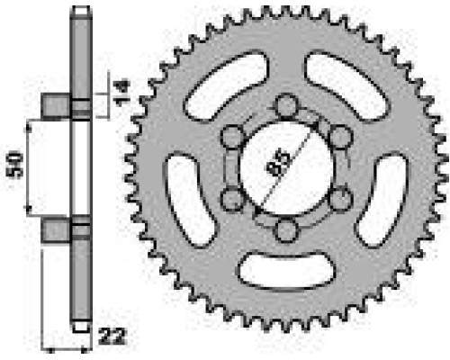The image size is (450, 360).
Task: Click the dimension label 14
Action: [121, 93]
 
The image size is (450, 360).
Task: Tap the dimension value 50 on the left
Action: [15, 165]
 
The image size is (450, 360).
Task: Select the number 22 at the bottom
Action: [112, 337]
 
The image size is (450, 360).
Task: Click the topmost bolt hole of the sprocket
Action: [287, 105]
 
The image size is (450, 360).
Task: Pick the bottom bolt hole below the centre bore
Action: [287, 230]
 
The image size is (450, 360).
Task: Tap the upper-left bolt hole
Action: [232, 137]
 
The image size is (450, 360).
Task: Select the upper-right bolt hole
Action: [340, 137]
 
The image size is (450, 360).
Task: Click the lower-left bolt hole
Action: [232, 199]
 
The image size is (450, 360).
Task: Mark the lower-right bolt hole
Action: [340, 199]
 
